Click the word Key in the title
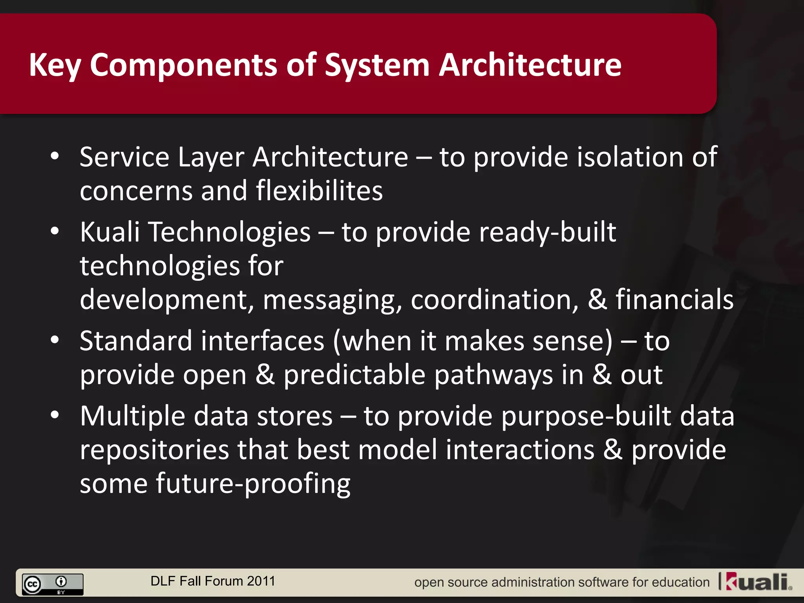(55, 65)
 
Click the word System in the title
(377, 65)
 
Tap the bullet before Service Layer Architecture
(55, 156)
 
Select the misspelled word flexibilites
(319, 191)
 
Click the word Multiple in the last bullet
(132, 416)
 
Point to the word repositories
(154, 450)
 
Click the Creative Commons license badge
(53, 584)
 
